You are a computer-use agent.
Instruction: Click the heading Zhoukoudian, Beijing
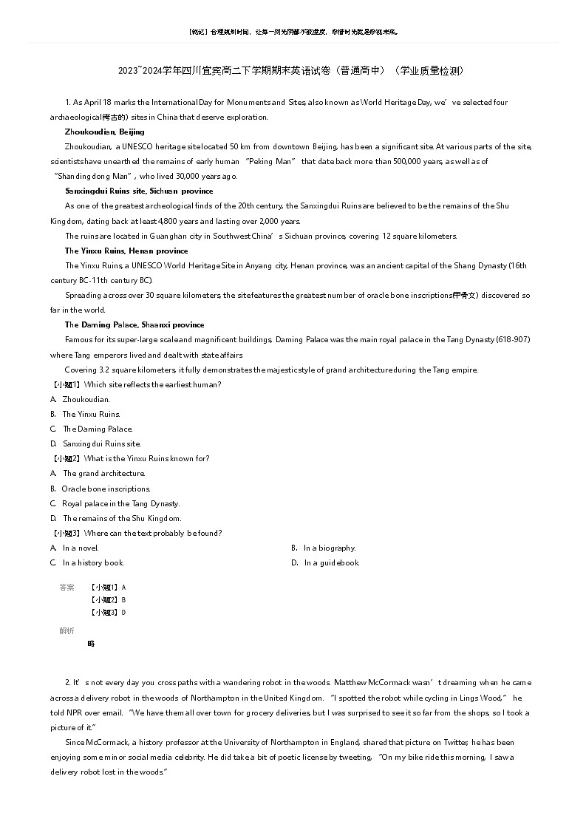(x=104, y=132)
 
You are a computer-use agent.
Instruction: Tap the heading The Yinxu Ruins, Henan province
(x=126, y=251)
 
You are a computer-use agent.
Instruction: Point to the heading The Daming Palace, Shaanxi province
(x=134, y=324)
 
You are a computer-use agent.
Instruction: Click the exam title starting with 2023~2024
(x=292, y=71)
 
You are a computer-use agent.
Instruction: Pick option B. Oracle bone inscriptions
(x=100, y=489)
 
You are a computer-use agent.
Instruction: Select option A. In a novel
(x=75, y=548)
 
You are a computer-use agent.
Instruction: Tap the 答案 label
(x=67, y=587)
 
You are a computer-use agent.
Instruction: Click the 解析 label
(x=67, y=630)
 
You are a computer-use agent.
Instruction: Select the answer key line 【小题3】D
(x=107, y=612)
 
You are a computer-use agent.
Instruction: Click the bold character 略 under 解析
(x=91, y=643)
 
